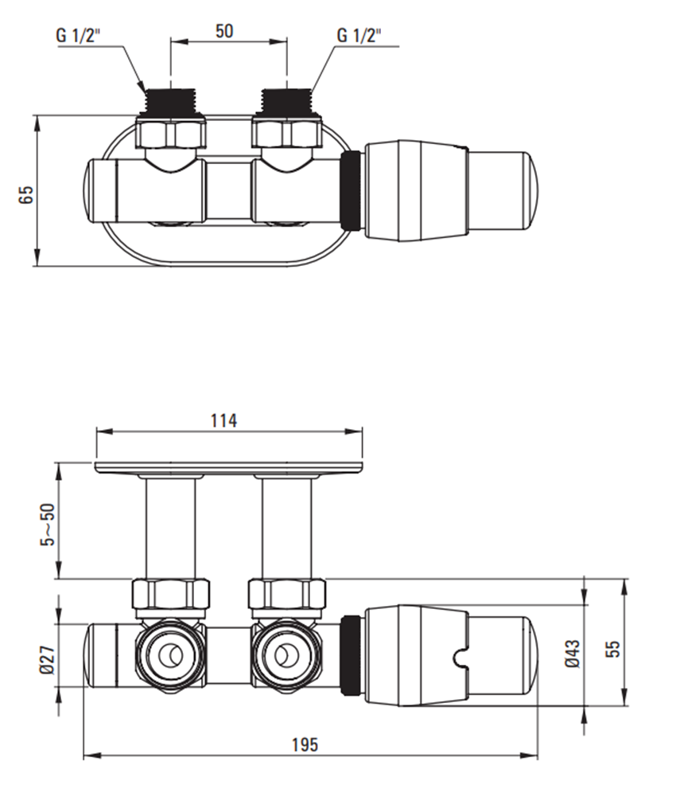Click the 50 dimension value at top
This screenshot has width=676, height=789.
(224, 31)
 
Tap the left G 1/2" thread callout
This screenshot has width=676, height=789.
(79, 36)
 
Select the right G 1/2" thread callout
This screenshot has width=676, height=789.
(359, 36)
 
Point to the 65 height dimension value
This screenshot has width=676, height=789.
(26, 195)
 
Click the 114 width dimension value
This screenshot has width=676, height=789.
(223, 420)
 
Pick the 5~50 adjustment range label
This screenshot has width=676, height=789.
(48, 525)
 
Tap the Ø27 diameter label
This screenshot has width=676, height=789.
(47, 660)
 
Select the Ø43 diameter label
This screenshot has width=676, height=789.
(573, 654)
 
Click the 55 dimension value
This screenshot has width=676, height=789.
(613, 649)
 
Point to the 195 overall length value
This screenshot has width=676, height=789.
(305, 744)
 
